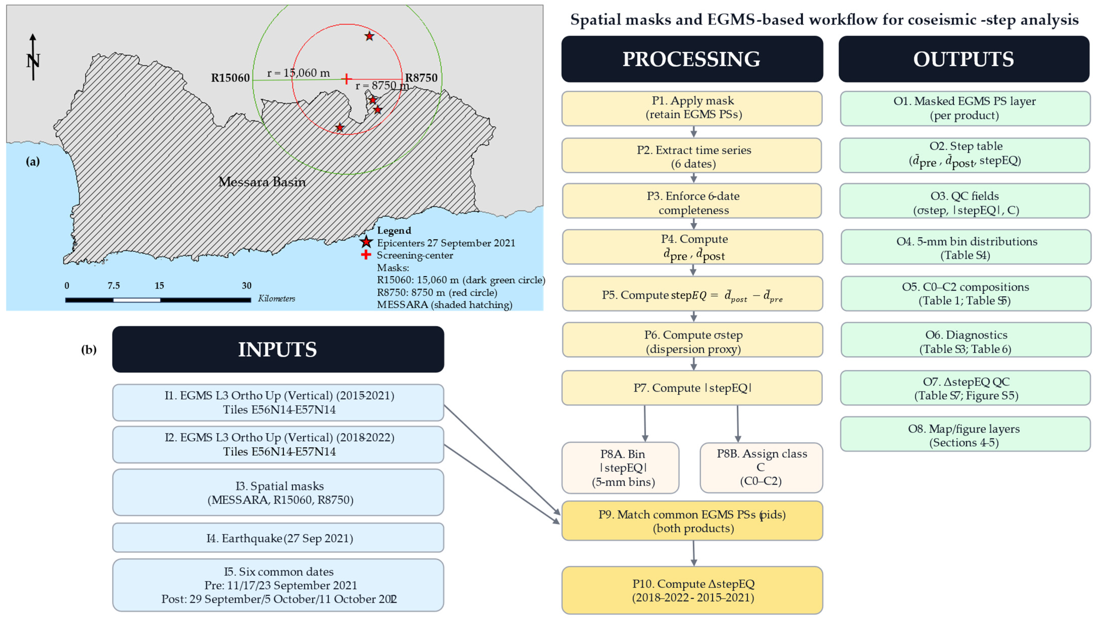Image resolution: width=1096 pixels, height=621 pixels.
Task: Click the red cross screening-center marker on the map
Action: pos(347,79)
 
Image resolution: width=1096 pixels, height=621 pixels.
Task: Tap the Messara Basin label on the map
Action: pos(262,182)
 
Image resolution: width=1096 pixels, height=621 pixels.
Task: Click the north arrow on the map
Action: pos(33,58)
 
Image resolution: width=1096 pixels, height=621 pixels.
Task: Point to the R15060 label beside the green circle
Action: pos(230,78)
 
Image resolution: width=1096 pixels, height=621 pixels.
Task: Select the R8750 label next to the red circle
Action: pos(421,78)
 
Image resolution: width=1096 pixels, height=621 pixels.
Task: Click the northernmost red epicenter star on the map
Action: pos(369,36)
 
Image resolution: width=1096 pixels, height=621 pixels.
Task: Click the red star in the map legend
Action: pos(366,242)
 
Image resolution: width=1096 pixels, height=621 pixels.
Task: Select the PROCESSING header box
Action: pos(691,59)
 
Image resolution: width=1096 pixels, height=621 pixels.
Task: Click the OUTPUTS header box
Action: pos(963,59)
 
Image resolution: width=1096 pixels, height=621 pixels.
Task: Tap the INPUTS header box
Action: pos(277,349)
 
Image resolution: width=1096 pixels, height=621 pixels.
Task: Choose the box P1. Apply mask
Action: pos(691,108)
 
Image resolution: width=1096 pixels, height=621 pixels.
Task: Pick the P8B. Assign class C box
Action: pos(761,467)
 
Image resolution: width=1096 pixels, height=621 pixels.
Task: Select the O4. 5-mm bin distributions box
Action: pos(965,247)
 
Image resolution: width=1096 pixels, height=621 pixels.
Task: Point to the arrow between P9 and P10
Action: pos(694,553)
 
